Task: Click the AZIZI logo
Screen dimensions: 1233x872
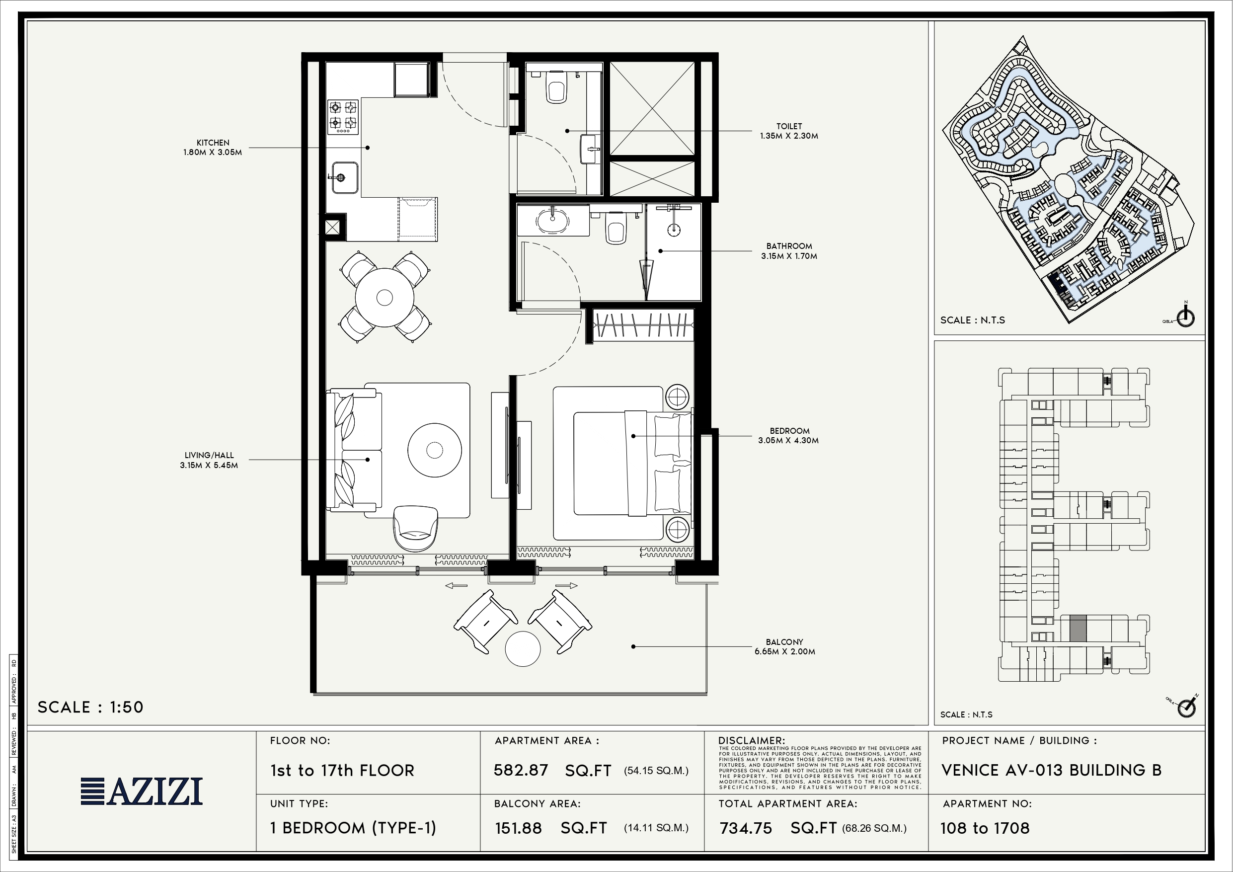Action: (142, 791)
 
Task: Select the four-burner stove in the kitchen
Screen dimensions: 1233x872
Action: (343, 117)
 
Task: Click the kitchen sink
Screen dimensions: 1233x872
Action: (345, 177)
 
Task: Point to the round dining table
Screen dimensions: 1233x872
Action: (385, 297)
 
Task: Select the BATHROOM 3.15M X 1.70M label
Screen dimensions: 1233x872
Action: (789, 251)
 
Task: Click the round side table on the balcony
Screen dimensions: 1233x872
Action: (523, 648)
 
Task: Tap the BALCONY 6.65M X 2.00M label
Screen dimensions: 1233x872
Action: (784, 647)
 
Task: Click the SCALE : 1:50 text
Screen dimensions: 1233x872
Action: (91, 707)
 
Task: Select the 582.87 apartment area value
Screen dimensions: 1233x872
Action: (521, 771)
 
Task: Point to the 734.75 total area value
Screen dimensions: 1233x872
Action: (746, 828)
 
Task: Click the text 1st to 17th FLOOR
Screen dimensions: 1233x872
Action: (343, 771)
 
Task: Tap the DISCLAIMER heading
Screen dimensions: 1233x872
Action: (751, 741)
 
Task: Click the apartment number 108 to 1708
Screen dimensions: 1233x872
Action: (985, 828)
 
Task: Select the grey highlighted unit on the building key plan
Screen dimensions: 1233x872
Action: (1078, 628)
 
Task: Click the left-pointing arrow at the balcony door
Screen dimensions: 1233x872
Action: (456, 586)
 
